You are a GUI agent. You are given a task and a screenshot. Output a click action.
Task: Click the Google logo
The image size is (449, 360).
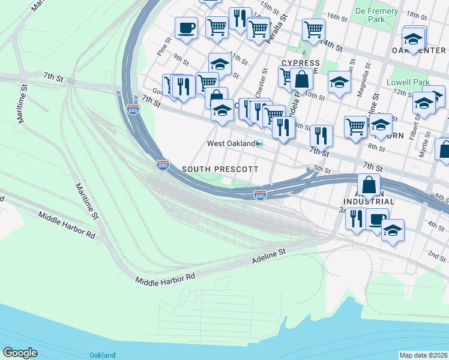20,353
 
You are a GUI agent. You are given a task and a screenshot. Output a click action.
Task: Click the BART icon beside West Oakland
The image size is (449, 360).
259,144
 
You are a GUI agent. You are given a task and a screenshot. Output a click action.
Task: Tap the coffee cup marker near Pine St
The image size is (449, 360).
186,28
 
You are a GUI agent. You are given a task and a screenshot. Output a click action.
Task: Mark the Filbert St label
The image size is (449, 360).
413,130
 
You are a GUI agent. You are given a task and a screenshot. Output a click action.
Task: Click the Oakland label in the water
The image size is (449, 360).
102,355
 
